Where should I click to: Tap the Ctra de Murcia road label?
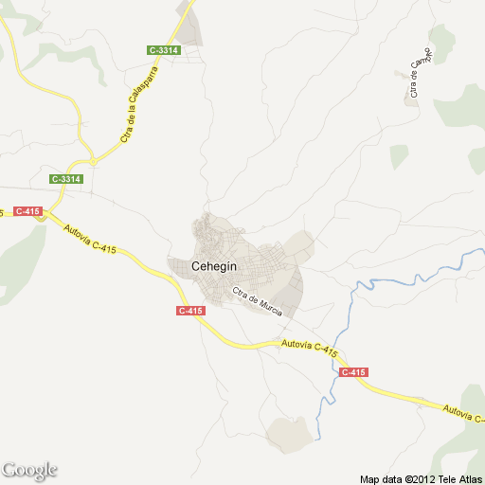(x=258, y=304)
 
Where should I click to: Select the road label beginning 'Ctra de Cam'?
(x=421, y=72)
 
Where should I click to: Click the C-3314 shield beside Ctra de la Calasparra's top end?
(x=164, y=49)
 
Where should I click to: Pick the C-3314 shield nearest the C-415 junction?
(x=67, y=178)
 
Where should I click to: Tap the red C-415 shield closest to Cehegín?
(x=189, y=311)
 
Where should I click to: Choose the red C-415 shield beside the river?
(x=352, y=372)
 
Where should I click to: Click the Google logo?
(x=29, y=471)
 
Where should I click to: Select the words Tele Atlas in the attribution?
(x=460, y=477)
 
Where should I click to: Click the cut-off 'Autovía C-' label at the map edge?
(x=463, y=412)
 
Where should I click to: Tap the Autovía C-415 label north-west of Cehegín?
(x=90, y=236)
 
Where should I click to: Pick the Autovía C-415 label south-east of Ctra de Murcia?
(x=310, y=350)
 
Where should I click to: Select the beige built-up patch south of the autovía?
(x=289, y=433)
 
